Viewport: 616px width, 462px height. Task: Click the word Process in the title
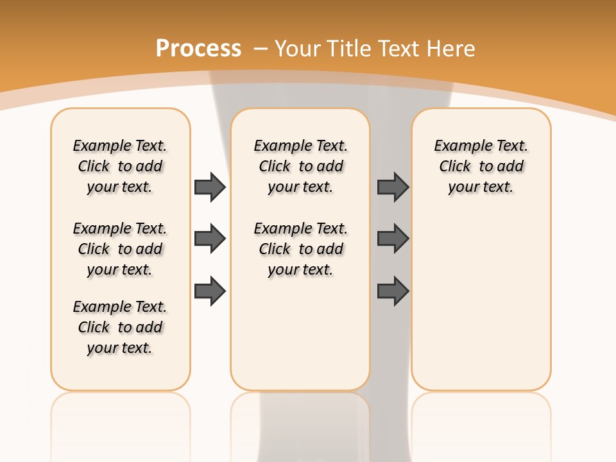coord(198,49)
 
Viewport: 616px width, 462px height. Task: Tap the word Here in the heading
coord(450,49)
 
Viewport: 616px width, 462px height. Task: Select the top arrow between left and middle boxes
coord(210,187)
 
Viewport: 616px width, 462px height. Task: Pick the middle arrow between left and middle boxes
coord(210,239)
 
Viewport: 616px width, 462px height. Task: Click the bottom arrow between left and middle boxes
coord(210,291)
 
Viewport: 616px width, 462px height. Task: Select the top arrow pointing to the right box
coord(393,187)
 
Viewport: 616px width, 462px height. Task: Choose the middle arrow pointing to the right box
coord(393,239)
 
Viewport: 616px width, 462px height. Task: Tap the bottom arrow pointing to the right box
coord(393,291)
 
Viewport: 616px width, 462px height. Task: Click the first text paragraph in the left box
coord(120,166)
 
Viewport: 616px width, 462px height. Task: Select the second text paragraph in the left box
coord(120,249)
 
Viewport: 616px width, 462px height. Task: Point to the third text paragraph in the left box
coord(120,327)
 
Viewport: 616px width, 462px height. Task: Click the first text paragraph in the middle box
coord(300,166)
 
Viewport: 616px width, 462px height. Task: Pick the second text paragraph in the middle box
coord(300,249)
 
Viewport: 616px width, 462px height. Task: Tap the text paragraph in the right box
coord(481,166)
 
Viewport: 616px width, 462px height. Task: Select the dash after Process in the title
coord(261,49)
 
